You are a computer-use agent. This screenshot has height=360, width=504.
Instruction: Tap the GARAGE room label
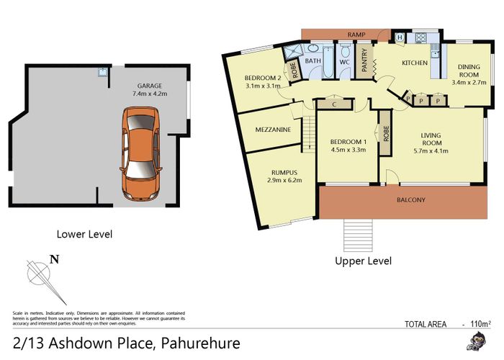coord(149,86)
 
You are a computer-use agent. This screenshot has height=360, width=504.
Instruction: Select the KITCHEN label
coord(415,63)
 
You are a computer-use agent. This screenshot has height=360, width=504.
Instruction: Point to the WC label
coord(343,61)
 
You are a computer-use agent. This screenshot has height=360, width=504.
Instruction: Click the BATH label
coord(313,61)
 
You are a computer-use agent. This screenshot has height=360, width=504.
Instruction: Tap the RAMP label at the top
coord(355,35)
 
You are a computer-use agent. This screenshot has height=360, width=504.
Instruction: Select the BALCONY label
coord(411,199)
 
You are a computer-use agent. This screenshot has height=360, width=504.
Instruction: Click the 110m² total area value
coord(480,324)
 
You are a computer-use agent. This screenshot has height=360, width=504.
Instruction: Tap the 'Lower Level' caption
coord(84,234)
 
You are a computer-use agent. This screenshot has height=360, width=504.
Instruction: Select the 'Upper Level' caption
coord(363,261)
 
